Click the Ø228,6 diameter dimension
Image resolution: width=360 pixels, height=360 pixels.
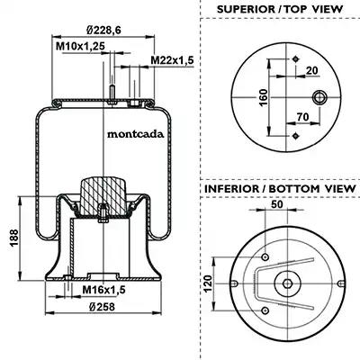pyautogui.click(x=103, y=31)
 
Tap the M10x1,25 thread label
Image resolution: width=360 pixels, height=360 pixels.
pyautogui.click(x=80, y=46)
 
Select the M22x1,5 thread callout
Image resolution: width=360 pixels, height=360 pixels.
pyautogui.click(x=172, y=60)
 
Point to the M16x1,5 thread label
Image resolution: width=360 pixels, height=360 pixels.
pyautogui.click(x=103, y=290)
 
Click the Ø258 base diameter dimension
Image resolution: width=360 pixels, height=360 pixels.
pyautogui.click(x=102, y=307)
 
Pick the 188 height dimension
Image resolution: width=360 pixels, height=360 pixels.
pyautogui.click(x=13, y=238)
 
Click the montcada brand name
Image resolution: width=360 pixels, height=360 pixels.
pyautogui.click(x=136, y=134)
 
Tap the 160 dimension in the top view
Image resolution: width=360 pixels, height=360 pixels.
pyautogui.click(x=263, y=97)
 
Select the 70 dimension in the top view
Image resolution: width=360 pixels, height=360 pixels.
pyautogui.click(x=302, y=117)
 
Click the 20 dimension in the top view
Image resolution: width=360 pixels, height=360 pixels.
pyautogui.click(x=312, y=70)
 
